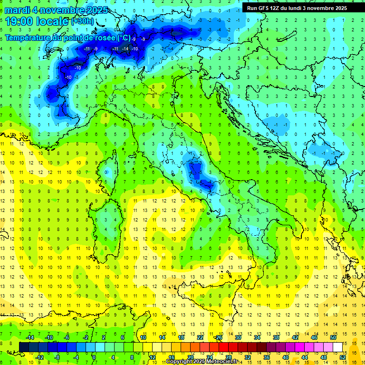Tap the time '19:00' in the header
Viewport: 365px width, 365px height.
[19, 21]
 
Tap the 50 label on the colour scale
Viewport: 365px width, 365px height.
[333, 337]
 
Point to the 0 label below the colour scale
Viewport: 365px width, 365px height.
[94, 357]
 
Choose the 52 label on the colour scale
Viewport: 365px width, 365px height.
[343, 357]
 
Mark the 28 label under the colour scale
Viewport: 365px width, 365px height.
[228, 357]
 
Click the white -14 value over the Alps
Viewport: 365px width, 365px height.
[125, 49]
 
